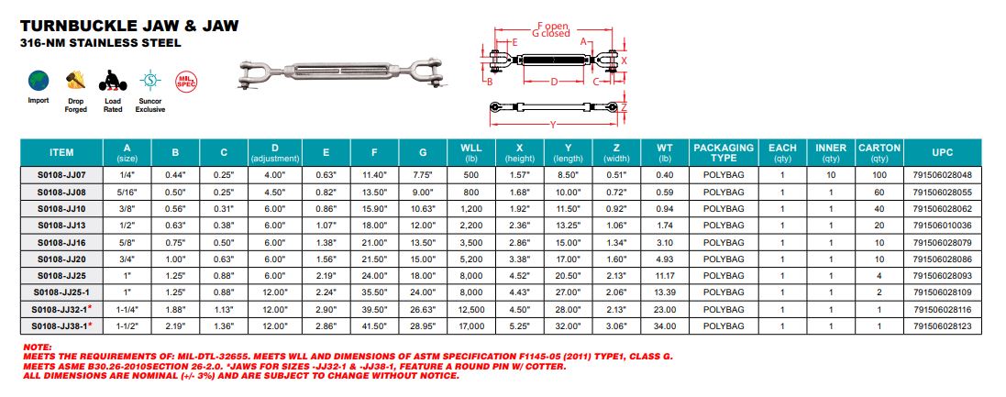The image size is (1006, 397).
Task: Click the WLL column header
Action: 471,152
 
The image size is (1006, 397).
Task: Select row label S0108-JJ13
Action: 61,226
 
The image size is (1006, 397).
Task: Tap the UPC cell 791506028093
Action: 942,275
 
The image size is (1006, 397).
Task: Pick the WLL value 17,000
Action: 471,325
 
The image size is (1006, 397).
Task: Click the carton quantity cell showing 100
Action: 879,174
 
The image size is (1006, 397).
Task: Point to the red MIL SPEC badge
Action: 186,82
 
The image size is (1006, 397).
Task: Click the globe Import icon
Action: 39,81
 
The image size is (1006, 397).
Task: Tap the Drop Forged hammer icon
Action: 76,80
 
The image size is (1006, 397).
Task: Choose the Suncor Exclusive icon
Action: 150,81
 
